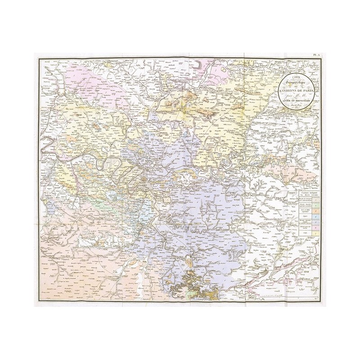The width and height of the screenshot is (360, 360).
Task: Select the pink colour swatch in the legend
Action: pyautogui.click(x=316, y=227)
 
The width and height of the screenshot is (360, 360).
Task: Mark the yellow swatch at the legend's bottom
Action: pyautogui.click(x=316, y=234)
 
